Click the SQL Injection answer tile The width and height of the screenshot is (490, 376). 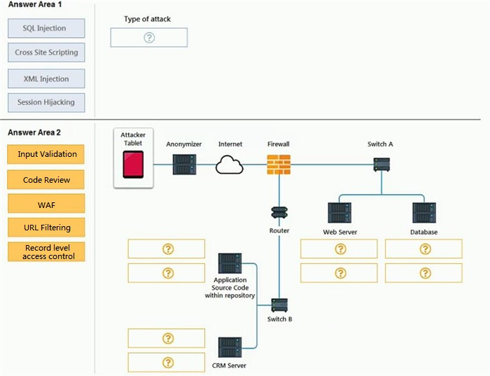pyautogui.click(x=46, y=28)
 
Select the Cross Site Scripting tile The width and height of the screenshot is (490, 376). pyautogui.click(x=46, y=53)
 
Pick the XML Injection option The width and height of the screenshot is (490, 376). pyautogui.click(x=46, y=78)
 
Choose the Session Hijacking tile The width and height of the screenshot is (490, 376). pyautogui.click(x=46, y=102)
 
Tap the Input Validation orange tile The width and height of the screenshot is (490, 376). pyautogui.click(x=46, y=154)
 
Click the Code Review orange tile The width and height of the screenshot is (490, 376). pyautogui.click(x=46, y=179)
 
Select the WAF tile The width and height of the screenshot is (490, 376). pyautogui.click(x=46, y=204)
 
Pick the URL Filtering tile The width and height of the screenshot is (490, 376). pyautogui.click(x=46, y=228)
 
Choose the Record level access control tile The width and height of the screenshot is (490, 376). pyautogui.click(x=46, y=251)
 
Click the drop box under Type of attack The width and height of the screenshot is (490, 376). pyautogui.click(x=149, y=38)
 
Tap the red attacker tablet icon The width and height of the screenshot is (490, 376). pyautogui.click(x=133, y=165)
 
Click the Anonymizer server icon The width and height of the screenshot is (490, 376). pyautogui.click(x=184, y=165)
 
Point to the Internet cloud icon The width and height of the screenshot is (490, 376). pyautogui.click(x=230, y=165)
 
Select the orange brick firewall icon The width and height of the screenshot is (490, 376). pyautogui.click(x=279, y=165)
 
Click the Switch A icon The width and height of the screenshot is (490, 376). pyautogui.click(x=381, y=165)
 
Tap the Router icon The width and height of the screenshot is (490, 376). pyautogui.click(x=279, y=213)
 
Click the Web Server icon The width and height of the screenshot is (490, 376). pyautogui.click(x=339, y=213)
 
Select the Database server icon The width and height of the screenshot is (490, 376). pyautogui.click(x=424, y=213)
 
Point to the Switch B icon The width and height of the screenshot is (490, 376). pyautogui.click(x=279, y=305)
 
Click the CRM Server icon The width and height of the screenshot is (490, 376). pyautogui.click(x=230, y=347)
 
